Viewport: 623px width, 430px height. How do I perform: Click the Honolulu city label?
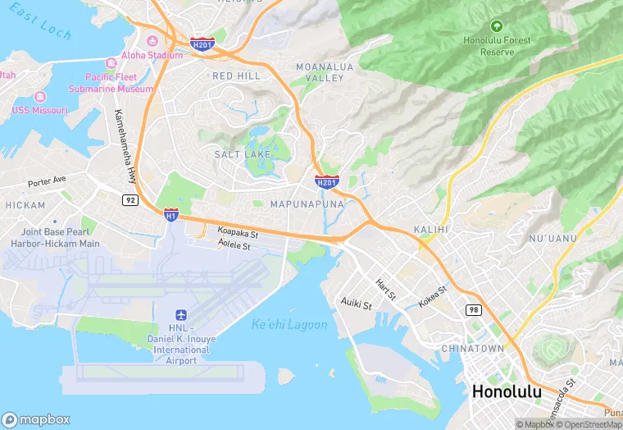tap(506, 391)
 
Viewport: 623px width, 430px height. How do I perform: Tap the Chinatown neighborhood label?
tap(472, 349)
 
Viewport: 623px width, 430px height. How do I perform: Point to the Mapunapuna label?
tap(304, 204)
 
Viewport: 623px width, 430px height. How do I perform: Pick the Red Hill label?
tap(236, 75)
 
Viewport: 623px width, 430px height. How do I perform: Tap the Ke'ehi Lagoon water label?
tap(289, 324)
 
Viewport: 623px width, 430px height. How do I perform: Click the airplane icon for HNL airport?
tap(180, 316)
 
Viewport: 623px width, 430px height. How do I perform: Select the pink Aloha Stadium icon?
tap(151, 41)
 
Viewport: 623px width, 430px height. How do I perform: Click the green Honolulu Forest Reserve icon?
tap(497, 26)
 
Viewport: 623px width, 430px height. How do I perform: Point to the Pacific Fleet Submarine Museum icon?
tap(111, 63)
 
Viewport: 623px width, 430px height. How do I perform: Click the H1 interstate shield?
tap(171, 215)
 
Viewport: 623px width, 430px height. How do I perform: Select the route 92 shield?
tap(130, 199)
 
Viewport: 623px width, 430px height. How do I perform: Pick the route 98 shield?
tap(474, 309)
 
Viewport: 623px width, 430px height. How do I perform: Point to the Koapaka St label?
tap(238, 233)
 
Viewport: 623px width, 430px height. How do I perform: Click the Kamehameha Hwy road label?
tap(125, 146)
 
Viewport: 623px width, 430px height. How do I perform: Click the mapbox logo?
tap(37, 419)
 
